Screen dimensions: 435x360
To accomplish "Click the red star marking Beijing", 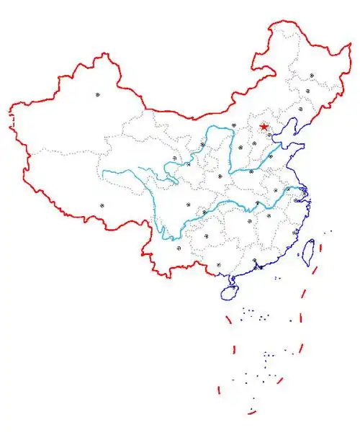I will pos(264,127).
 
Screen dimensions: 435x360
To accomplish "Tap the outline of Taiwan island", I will pos(305,251).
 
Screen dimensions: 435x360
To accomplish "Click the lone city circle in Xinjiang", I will pos(96,94).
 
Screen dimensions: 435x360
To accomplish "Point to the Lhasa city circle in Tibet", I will pos(102,205).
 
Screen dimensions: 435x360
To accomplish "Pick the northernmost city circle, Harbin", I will pos(312,75).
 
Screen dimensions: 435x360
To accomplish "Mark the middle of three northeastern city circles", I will pos(308,91).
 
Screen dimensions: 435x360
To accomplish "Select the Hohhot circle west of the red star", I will pos(234,125).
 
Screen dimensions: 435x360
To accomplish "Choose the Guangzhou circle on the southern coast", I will pos(255,261).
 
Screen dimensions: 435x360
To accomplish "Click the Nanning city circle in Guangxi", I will pos(218,264).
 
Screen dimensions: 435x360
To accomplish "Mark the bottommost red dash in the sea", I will pos(251,411).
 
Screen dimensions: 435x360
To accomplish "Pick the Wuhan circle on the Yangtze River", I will pos(257,204).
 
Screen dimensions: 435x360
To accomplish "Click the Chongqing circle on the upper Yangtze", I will pos(205,212).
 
